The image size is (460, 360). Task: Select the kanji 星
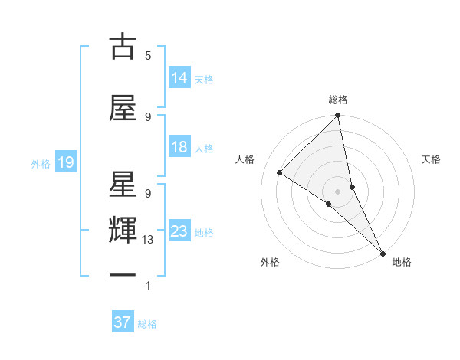tap(123, 184)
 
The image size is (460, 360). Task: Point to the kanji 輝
tap(123, 230)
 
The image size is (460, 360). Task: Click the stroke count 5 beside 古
tap(148, 56)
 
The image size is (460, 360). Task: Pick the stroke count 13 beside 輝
tap(148, 240)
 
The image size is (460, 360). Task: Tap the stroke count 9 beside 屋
tap(148, 116)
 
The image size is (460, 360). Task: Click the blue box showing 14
tap(179, 78)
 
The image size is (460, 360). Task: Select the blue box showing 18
tap(179, 147)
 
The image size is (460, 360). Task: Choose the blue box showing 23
tap(179, 231)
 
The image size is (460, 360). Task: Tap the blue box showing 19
tap(65, 162)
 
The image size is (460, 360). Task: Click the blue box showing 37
tap(122, 322)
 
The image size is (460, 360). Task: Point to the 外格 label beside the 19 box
tap(41, 163)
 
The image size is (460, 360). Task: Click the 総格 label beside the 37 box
tap(147, 324)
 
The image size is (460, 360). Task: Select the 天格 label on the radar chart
tap(431, 159)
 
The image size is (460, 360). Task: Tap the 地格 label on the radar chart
tap(402, 262)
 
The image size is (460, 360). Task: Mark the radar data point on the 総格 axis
tap(337, 116)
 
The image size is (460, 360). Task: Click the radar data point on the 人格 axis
tap(280, 173)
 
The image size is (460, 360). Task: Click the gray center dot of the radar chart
tap(337, 191)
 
